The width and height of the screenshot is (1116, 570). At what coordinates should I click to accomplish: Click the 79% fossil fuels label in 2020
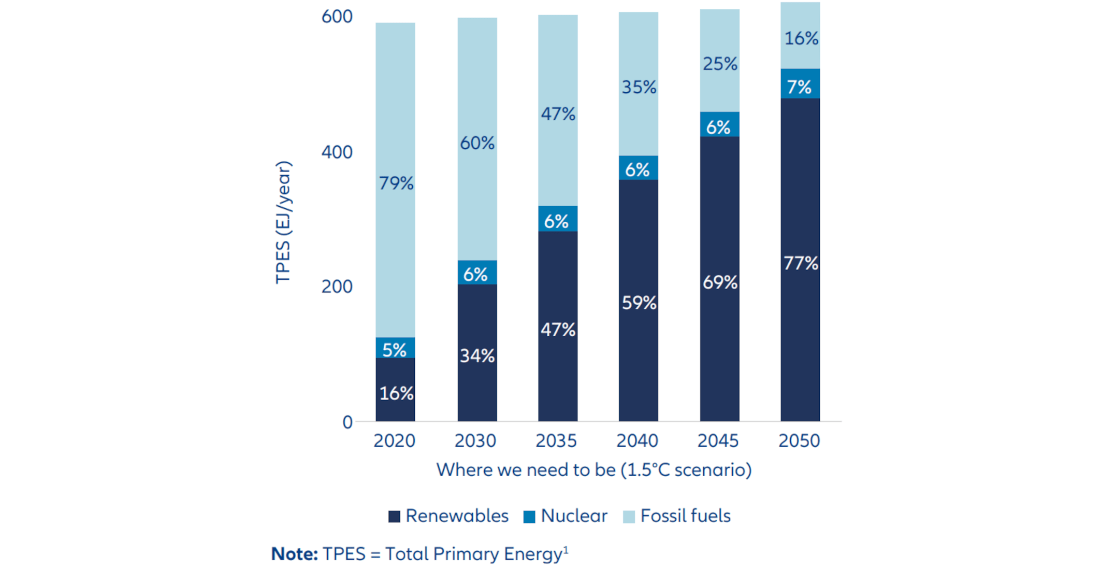pos(396,183)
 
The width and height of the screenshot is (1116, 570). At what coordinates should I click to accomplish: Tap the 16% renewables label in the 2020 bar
pos(396,394)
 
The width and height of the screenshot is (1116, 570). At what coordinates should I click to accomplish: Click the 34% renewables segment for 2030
pos(477,356)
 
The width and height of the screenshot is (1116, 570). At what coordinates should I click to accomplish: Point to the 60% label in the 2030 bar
pos(477,143)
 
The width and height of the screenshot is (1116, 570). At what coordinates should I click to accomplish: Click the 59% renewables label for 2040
pos(639,303)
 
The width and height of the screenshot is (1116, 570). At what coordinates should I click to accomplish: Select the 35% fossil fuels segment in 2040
pos(639,87)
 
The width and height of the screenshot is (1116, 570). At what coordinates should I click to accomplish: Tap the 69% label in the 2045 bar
pos(720,282)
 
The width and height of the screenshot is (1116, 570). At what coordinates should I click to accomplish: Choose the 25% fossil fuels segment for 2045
pos(720,64)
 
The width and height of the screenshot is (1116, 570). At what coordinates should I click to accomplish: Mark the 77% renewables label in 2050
pos(801,263)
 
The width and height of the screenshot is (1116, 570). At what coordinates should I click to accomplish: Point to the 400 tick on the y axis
pos(337,152)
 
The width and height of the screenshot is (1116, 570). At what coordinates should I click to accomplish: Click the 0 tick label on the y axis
pos(347,422)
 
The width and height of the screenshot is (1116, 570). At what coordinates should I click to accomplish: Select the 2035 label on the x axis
pos(556,441)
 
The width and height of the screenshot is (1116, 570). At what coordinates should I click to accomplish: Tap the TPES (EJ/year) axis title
pos(283,223)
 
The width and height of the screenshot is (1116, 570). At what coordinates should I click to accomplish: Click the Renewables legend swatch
pos(394,517)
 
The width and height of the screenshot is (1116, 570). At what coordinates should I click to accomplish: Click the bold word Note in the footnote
pos(294,554)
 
